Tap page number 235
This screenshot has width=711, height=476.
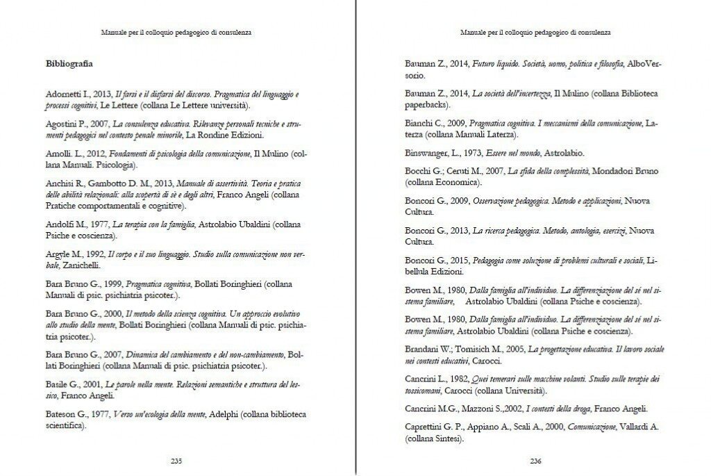[x=176, y=460]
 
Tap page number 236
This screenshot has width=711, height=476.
[x=535, y=460]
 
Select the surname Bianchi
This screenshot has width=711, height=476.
[x=420, y=122]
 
